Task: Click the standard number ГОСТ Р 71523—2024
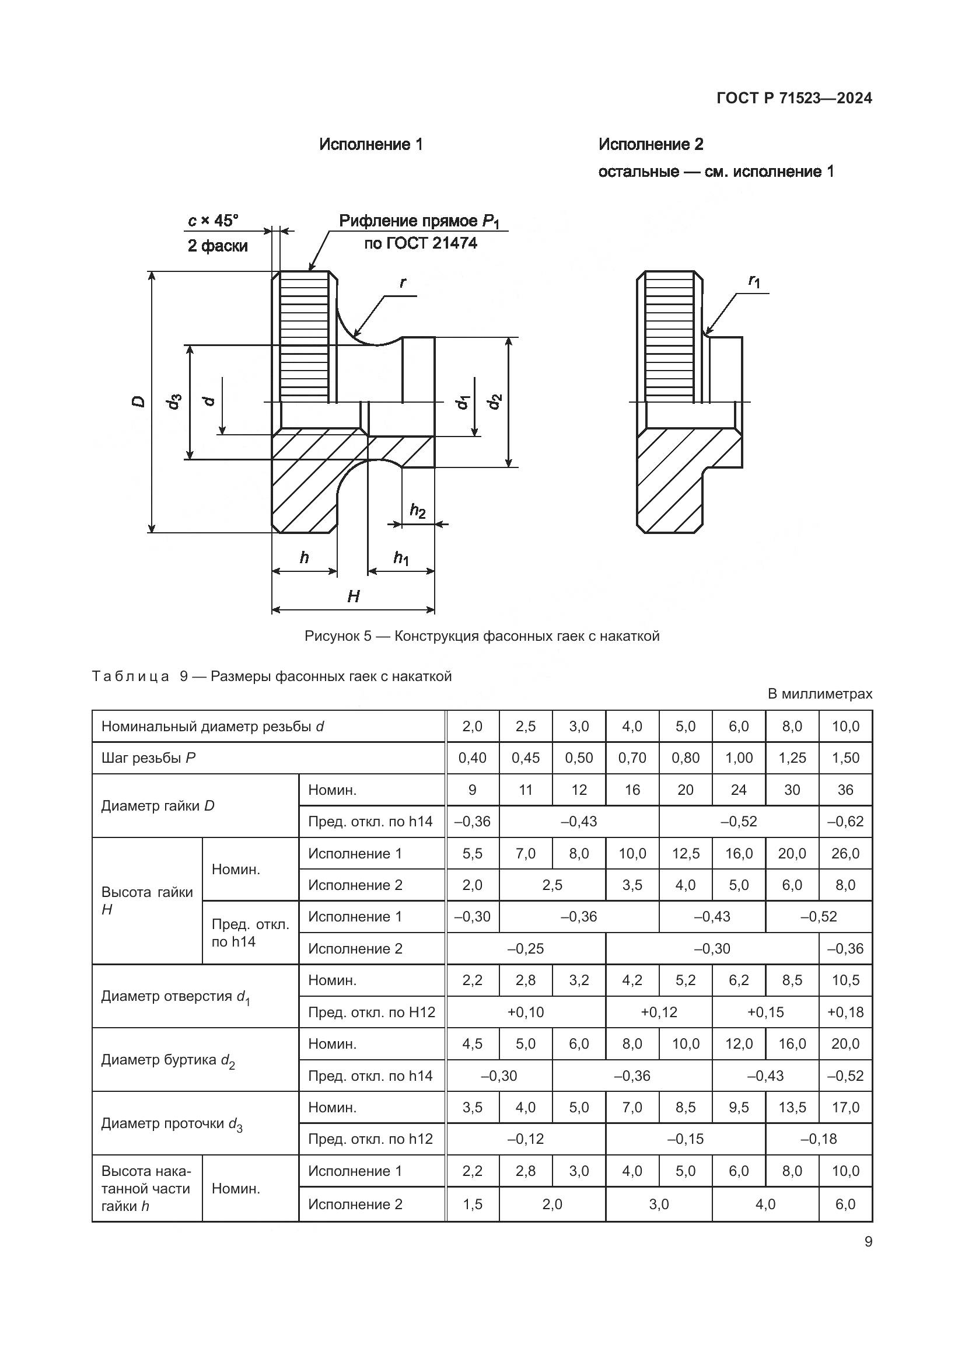[794, 98]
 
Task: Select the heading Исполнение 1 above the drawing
[371, 145]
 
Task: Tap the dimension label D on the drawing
[138, 402]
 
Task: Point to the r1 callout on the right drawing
[754, 281]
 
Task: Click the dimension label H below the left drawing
[354, 596]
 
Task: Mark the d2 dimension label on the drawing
[494, 402]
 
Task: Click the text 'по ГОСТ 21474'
[421, 243]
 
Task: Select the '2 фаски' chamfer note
[218, 246]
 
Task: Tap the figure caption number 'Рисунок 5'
[337, 636]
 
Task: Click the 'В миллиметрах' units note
[819, 694]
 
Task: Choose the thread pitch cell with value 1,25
[792, 758]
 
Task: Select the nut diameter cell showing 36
[845, 790]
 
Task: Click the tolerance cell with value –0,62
[845, 822]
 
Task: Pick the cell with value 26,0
[845, 854]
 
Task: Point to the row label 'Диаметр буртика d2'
[167, 1060]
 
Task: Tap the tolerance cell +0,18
[845, 1013]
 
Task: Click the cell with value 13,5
[792, 1108]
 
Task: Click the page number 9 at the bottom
[868, 1242]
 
